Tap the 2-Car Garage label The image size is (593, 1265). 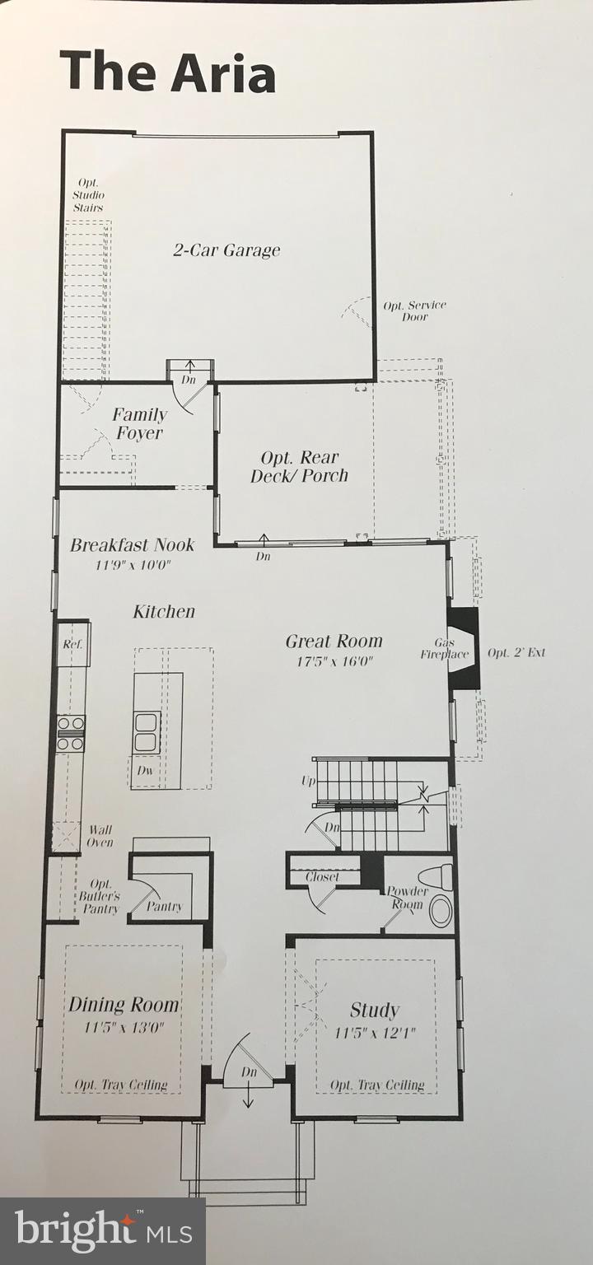pos(226,250)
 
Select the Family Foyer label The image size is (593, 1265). pos(139,424)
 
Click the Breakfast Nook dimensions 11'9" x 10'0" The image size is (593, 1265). pos(132,566)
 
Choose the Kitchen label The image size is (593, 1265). pos(165,612)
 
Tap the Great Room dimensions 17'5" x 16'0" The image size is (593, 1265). pos(334,661)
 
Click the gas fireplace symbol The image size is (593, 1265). pos(464,647)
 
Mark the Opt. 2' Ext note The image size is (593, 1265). pos(516,653)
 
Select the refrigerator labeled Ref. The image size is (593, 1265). pos(73,644)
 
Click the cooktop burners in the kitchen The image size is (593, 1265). pos(71,733)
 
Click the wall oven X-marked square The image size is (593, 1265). pos(66,836)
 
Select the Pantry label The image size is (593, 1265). pos(164,908)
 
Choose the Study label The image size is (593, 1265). pos(375,1010)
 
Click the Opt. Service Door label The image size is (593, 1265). pos(414,310)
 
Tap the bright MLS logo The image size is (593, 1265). pos(103,1231)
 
